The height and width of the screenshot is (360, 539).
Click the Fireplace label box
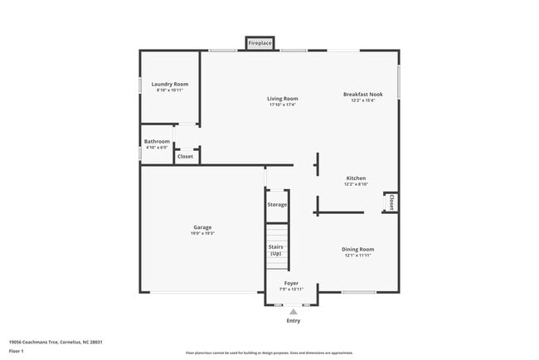tap(260, 42)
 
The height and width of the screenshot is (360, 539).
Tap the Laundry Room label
tap(170, 85)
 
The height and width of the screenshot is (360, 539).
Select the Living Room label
tap(283, 99)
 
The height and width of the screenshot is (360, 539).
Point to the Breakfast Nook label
tap(362, 95)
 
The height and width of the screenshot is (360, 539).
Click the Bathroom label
tap(157, 141)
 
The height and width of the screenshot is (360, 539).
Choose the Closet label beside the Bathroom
tap(185, 156)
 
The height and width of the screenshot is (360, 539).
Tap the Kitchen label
tap(356, 178)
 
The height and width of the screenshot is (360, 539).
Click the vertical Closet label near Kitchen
tap(391, 202)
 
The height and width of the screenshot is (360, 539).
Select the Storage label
tap(277, 204)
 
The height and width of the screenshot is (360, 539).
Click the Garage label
tap(202, 227)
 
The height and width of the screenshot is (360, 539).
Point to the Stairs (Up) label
tap(276, 250)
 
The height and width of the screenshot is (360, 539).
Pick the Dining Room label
tap(358, 249)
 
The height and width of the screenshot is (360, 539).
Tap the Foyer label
tap(291, 283)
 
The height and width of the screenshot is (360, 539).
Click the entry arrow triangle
tap(293, 311)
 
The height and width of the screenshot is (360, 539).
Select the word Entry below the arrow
tap(294, 321)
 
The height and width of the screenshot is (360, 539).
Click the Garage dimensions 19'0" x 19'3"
tap(202, 233)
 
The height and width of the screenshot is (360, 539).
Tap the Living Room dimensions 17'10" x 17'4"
tap(283, 105)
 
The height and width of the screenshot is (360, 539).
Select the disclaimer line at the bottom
tap(269, 353)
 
